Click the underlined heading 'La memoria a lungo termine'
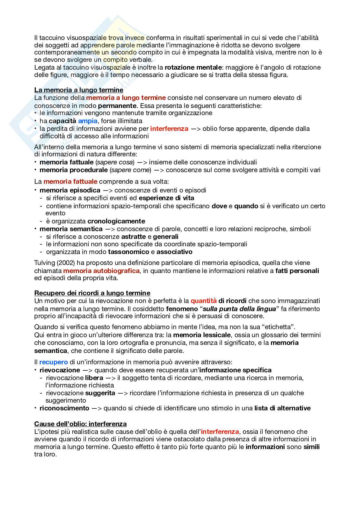click(x=79, y=90)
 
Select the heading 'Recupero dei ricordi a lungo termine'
click(x=92, y=293)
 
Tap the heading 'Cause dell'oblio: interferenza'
click(x=80, y=424)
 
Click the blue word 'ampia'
click(x=87, y=121)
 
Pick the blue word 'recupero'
click(x=54, y=362)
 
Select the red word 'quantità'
click(x=204, y=301)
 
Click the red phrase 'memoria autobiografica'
click(x=101, y=271)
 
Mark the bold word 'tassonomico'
click(x=129, y=252)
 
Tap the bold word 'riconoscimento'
click(x=64, y=408)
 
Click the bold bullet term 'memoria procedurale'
click(x=74, y=170)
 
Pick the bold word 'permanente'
click(x=117, y=105)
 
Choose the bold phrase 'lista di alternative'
click(x=282, y=408)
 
